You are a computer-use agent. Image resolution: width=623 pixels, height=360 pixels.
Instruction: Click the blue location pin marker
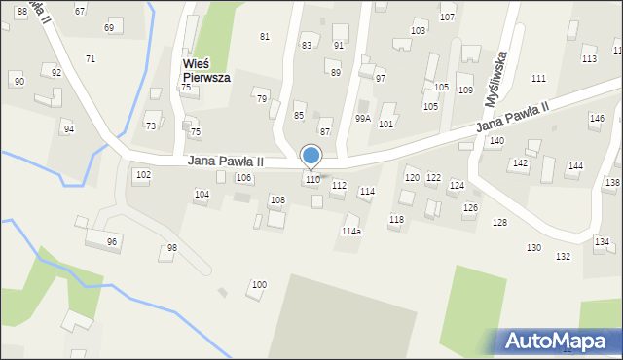pos(311,156)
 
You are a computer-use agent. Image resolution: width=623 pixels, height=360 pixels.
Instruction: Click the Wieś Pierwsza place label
pos(205,71)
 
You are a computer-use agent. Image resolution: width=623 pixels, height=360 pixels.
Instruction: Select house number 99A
pos(362,118)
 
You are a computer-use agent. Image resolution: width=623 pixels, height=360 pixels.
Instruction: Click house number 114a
pos(351,232)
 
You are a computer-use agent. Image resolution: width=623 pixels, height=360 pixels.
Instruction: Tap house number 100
pos(259,285)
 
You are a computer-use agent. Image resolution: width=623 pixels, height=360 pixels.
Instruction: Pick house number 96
pos(112,242)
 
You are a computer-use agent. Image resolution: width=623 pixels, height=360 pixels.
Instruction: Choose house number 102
pos(143,175)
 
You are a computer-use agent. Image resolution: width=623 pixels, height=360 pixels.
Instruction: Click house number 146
pos(597,118)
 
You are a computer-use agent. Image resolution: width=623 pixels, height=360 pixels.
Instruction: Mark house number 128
pos(499,223)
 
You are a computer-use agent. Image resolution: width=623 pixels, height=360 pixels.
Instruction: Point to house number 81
pos(264,37)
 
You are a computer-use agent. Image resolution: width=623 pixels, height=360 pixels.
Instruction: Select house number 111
pos(538,78)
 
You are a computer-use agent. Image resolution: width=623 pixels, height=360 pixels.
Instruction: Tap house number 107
pos(448,18)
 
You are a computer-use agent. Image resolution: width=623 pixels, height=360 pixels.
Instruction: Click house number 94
pos(68,128)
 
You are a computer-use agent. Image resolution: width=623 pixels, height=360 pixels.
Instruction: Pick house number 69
pos(109,27)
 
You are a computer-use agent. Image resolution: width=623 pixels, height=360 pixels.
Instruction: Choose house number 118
pos(396,220)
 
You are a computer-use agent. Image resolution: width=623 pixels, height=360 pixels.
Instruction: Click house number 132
pos(563,256)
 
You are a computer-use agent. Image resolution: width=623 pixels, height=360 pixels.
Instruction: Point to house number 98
pos(172,248)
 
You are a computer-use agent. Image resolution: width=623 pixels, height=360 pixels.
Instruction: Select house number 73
pos(151,126)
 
